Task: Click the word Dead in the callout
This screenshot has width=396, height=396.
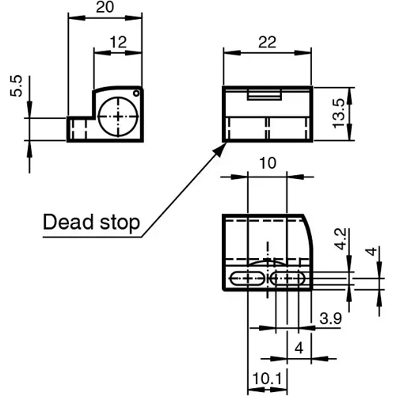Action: pyautogui.click(x=67, y=223)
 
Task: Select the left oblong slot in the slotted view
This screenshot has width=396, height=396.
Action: pyautogui.click(x=246, y=278)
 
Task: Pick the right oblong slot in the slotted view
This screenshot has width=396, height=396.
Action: pyautogui.click(x=287, y=278)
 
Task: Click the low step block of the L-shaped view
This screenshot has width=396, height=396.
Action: pyautogui.click(x=79, y=129)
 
